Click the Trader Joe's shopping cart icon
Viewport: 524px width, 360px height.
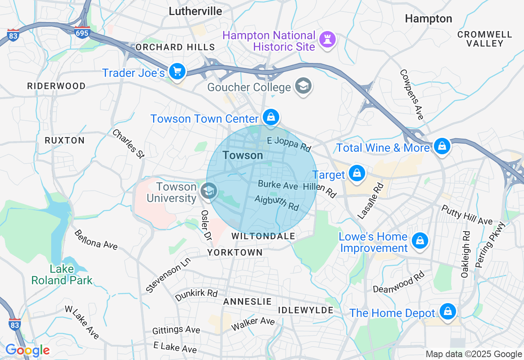pyautogui.click(x=177, y=72)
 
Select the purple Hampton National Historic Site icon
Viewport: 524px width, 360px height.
pyautogui.click(x=327, y=40)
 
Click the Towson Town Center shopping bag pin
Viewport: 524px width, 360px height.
pyautogui.click(x=271, y=117)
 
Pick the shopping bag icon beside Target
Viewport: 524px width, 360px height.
pyautogui.click(x=357, y=173)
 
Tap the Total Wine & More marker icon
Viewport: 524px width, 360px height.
pyautogui.click(x=442, y=146)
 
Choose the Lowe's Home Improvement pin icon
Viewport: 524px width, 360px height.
pyautogui.click(x=420, y=241)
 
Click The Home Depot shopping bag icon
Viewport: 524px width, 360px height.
pyautogui.click(x=448, y=312)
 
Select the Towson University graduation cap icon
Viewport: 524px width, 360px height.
pyautogui.click(x=209, y=191)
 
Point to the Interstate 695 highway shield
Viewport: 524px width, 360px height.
pyautogui.click(x=82, y=32)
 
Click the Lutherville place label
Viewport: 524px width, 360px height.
pyautogui.click(x=196, y=11)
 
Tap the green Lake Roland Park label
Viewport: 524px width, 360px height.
pyautogui.click(x=62, y=274)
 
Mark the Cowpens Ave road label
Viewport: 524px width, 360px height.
pyautogui.click(x=412, y=94)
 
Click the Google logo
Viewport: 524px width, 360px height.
pyautogui.click(x=27, y=350)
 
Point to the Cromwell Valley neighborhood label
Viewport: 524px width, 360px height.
pyautogui.click(x=485, y=39)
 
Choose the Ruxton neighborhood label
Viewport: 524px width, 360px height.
pyautogui.click(x=65, y=140)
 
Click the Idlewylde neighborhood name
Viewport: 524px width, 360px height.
pyautogui.click(x=306, y=310)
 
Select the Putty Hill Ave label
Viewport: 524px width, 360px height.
pyautogui.click(x=467, y=215)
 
